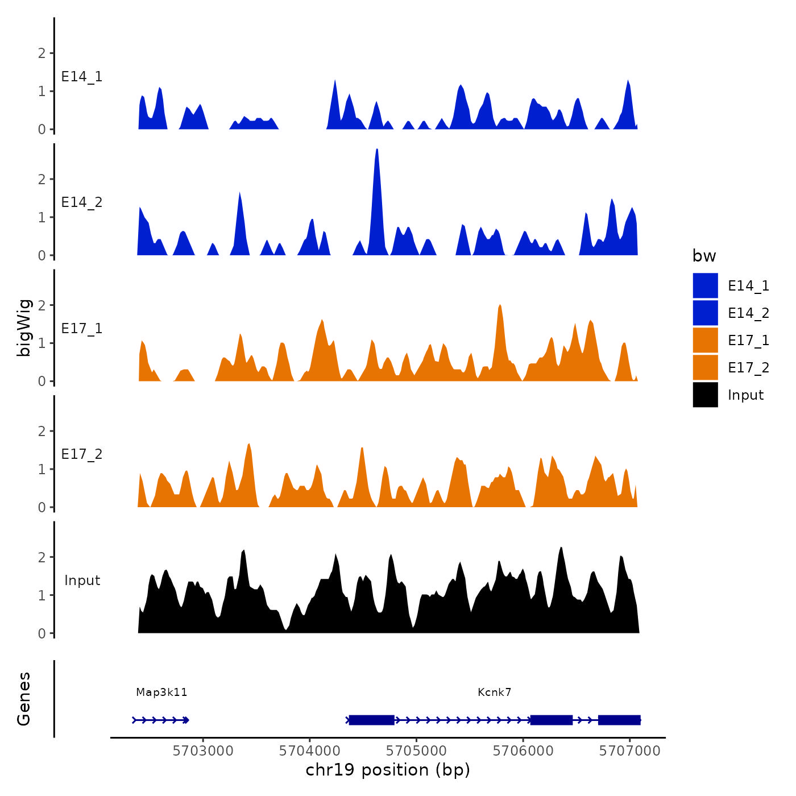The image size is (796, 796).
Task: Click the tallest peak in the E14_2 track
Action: coord(377,150)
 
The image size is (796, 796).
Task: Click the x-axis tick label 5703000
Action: coord(203,751)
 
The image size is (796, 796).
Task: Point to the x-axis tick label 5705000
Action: coord(416,751)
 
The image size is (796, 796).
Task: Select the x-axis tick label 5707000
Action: coord(629,751)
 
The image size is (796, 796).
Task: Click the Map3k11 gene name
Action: coord(161,692)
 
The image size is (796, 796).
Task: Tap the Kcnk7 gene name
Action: coord(494,692)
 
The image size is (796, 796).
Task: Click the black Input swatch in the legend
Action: coord(705,395)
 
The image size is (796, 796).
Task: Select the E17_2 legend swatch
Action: coord(705,367)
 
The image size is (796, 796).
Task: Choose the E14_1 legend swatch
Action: coord(705,285)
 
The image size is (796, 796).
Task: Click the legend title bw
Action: coord(704,256)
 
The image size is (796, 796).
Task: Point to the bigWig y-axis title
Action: coord(24,327)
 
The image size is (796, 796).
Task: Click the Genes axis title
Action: coord(24,699)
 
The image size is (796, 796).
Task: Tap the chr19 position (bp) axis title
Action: coord(388,770)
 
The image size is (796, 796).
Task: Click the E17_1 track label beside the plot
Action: coord(82,329)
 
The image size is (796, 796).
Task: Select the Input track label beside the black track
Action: coord(82,581)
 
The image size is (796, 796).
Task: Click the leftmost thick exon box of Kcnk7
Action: coord(371,720)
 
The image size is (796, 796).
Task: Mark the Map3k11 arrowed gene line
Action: coord(161,720)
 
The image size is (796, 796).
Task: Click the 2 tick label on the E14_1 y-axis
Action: coord(42,53)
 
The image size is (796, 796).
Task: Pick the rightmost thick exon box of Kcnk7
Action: coord(619,720)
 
